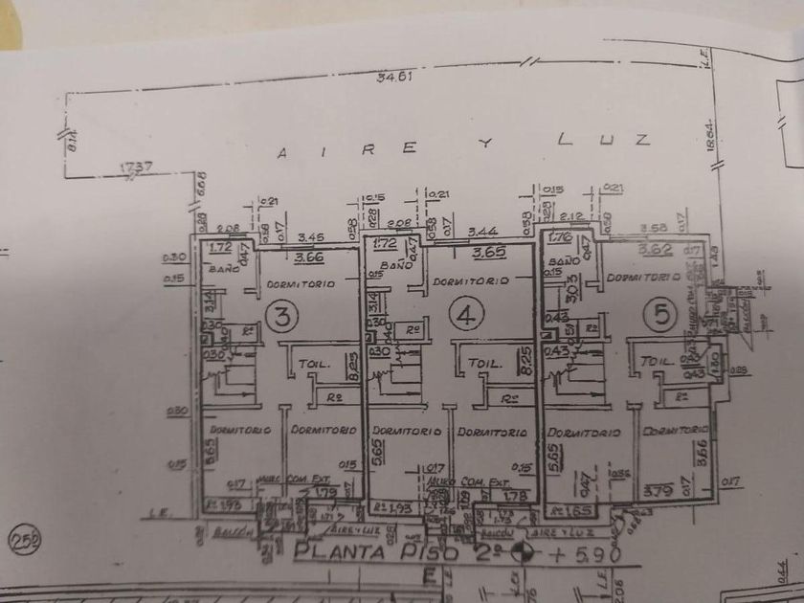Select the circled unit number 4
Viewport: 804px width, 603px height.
click(464, 317)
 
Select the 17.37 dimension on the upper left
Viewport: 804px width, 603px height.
click(135, 167)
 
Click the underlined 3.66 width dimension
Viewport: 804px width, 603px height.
click(308, 256)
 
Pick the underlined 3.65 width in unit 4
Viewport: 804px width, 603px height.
click(489, 254)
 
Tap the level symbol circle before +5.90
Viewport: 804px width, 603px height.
click(524, 552)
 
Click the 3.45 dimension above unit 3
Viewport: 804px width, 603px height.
click(308, 236)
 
